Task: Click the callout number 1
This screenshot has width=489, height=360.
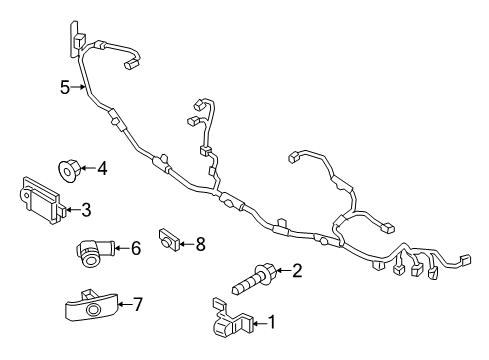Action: (x=272, y=322)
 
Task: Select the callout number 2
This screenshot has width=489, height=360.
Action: (x=297, y=270)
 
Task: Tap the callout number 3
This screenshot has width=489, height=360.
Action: (x=86, y=210)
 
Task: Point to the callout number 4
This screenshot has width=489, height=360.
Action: (x=102, y=168)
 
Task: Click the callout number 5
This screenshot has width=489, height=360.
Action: (x=65, y=87)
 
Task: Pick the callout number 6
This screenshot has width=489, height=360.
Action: (x=136, y=248)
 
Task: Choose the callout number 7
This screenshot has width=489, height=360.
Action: (x=137, y=304)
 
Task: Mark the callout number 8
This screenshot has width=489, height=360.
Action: (x=200, y=244)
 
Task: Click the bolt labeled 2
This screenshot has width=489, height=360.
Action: (x=254, y=279)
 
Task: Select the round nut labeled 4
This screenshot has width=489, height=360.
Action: (x=69, y=170)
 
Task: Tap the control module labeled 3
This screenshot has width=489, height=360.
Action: (x=42, y=200)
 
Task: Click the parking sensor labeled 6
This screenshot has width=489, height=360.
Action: (x=95, y=252)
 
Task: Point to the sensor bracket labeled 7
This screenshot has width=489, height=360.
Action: (x=91, y=306)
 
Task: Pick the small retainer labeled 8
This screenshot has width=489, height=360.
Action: (x=168, y=239)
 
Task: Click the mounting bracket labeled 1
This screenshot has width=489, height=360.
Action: (x=232, y=318)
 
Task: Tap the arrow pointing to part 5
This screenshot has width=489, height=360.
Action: (x=77, y=87)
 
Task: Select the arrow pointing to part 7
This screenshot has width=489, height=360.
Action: (x=125, y=304)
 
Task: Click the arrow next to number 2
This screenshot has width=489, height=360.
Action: (x=283, y=270)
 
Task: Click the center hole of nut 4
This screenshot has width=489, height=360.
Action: (x=68, y=172)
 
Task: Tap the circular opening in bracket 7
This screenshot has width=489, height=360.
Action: (x=92, y=310)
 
